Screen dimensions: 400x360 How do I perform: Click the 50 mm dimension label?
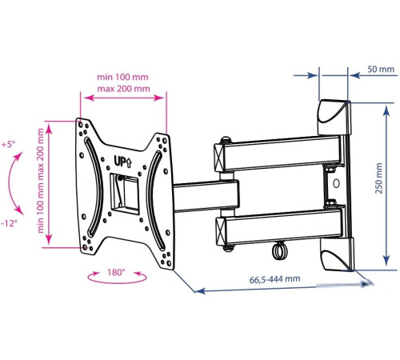(381, 70)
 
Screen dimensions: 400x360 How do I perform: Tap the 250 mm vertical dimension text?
(379, 178)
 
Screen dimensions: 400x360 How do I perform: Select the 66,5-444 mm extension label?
(274, 279)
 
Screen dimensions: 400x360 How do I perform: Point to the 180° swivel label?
(116, 272)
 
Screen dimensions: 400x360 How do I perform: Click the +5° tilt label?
(8, 145)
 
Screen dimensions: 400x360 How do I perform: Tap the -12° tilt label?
(10, 222)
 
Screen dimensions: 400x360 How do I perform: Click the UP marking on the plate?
(122, 162)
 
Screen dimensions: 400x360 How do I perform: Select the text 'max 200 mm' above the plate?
(123, 89)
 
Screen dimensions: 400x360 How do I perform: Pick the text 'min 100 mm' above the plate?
(122, 77)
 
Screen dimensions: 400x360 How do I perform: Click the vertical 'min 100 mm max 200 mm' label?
(40, 181)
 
